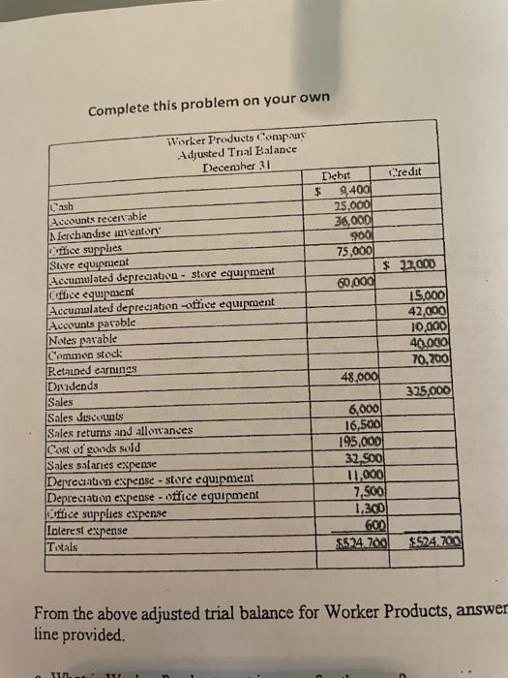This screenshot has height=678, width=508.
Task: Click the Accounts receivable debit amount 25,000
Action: tap(351, 205)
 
